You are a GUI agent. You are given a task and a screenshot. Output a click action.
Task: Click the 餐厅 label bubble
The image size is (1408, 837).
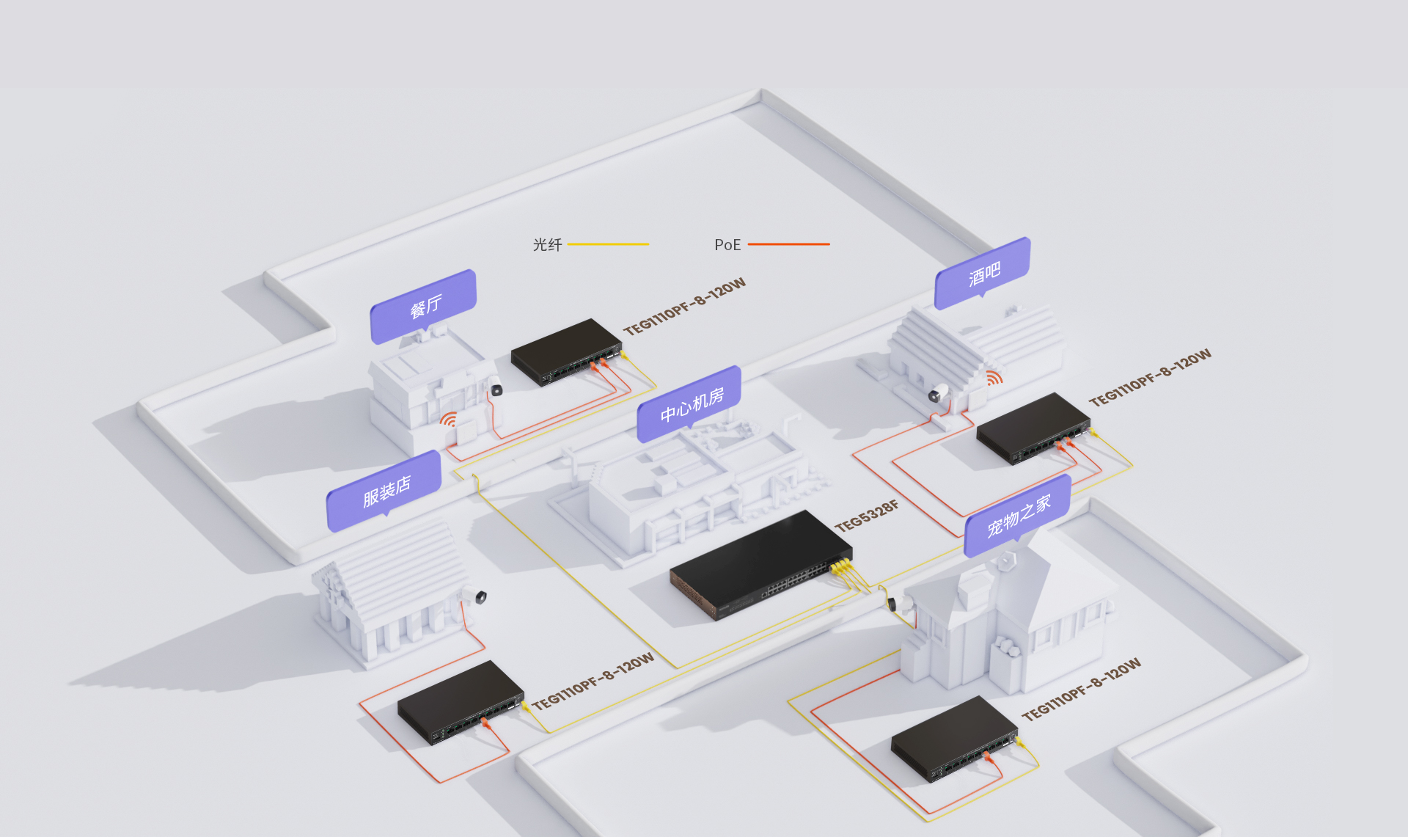click(424, 306)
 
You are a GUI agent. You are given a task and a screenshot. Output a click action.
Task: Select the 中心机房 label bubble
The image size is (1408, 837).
click(690, 404)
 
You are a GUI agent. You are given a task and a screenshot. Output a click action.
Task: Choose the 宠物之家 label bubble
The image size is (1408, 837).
click(1018, 516)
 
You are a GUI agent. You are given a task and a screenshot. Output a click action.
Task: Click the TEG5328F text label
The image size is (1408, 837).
click(866, 516)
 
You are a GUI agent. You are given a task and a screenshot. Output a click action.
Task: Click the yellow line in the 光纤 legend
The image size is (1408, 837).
click(608, 244)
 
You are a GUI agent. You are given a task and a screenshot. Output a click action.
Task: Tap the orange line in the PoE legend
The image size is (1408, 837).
click(788, 244)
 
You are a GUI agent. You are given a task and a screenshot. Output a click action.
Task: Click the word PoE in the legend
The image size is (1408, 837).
click(727, 245)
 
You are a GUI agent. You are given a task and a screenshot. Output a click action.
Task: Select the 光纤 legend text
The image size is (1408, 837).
click(547, 245)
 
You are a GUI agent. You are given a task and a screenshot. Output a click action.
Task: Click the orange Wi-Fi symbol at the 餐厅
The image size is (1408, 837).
click(448, 420)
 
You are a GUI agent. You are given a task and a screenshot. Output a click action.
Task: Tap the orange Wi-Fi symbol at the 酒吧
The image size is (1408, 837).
click(994, 378)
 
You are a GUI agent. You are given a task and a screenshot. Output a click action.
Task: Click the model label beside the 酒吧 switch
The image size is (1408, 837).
click(1149, 378)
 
